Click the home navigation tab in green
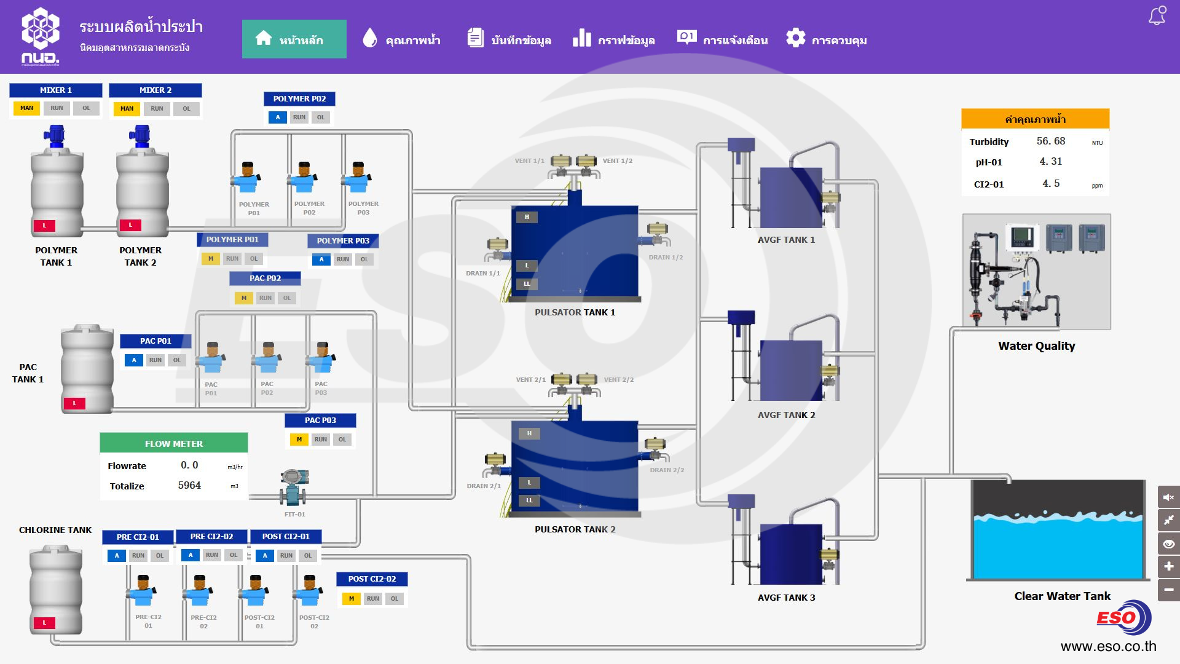click(294, 39)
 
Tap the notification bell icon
click(1157, 16)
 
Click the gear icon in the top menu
click(796, 38)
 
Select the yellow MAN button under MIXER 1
click(26, 108)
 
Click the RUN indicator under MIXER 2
click(157, 109)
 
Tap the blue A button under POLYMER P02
click(278, 117)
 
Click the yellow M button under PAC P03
click(299, 440)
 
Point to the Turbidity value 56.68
click(1050, 141)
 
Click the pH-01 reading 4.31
click(1050, 162)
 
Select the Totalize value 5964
click(189, 485)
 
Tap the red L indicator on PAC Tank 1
click(74, 403)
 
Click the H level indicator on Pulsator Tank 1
click(527, 217)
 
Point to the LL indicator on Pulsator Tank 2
click(529, 500)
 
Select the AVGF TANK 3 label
click(786, 598)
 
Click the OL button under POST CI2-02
click(395, 599)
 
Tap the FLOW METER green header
click(174, 443)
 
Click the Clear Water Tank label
click(1062, 596)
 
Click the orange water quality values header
click(1035, 119)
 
